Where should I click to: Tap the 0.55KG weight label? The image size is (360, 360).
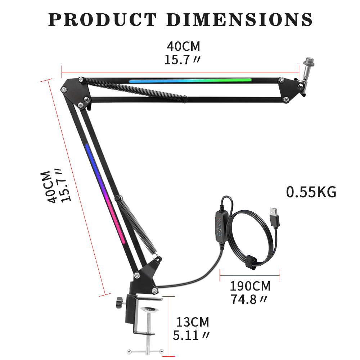click(311, 192)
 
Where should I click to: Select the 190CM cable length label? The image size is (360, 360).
click(250, 286)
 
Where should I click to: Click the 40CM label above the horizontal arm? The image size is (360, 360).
click(183, 46)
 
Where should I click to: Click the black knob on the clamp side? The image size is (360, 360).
click(119, 302)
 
